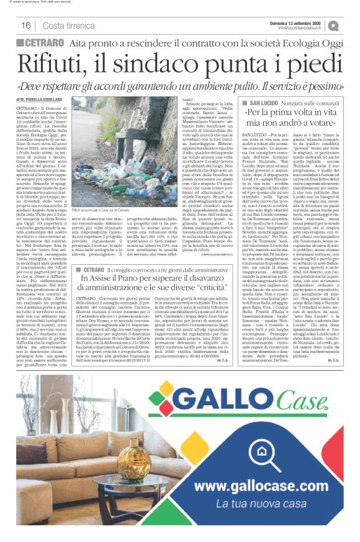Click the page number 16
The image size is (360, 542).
26,25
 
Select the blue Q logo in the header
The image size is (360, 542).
335,25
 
